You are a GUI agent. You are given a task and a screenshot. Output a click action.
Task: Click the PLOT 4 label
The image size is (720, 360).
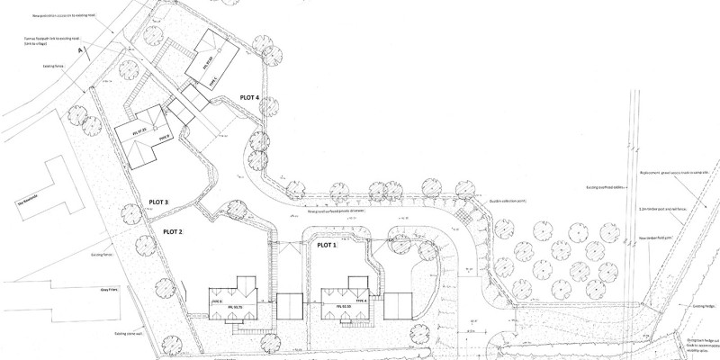point(250,96)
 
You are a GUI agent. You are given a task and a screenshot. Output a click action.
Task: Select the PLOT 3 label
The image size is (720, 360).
point(154,202)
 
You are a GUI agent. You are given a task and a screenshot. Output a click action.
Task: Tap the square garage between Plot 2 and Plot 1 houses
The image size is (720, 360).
point(290,306)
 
